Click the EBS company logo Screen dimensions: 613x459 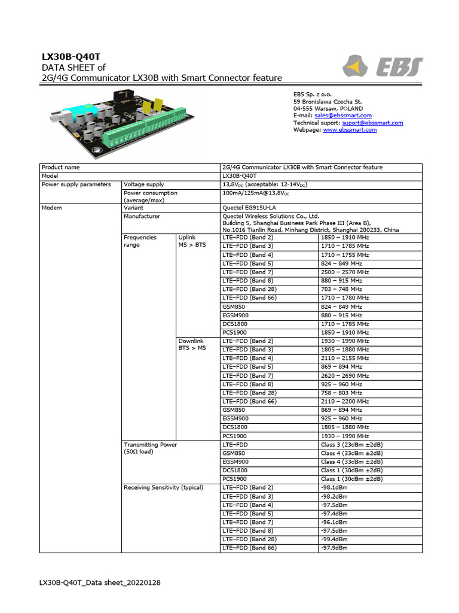coord(382,66)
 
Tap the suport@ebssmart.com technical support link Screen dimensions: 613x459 coord(372,123)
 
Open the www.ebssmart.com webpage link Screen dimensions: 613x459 coord(350,130)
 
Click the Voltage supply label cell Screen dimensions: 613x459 coord(143,185)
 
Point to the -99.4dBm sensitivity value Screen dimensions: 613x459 coord(334,539)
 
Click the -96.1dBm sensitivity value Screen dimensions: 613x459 coord(334,522)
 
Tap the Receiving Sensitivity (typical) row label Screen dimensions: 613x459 coord(163,487)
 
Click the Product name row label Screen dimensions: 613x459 coord(61,168)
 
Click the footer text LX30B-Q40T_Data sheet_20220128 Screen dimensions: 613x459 coord(100,582)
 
